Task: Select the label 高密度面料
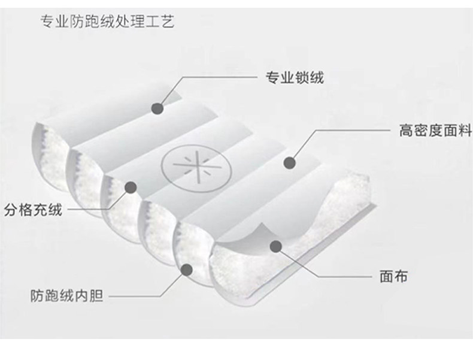(x=427, y=130)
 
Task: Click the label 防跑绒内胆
(x=66, y=296)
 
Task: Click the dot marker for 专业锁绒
(x=157, y=108)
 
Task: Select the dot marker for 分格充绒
(x=130, y=187)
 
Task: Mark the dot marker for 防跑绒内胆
(x=187, y=271)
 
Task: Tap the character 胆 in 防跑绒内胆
(x=96, y=296)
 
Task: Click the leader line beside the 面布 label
(x=341, y=277)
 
